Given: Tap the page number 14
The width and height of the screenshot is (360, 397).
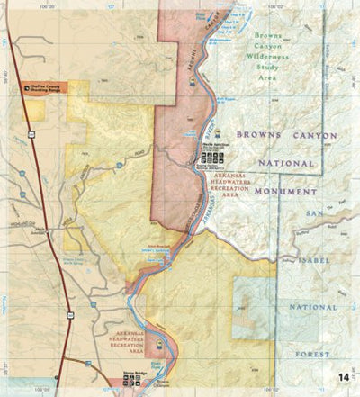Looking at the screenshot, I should (x=344, y=377).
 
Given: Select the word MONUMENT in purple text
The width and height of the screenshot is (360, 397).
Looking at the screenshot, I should (x=286, y=192).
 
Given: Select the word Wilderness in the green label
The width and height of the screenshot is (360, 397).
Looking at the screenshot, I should (x=271, y=56).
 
